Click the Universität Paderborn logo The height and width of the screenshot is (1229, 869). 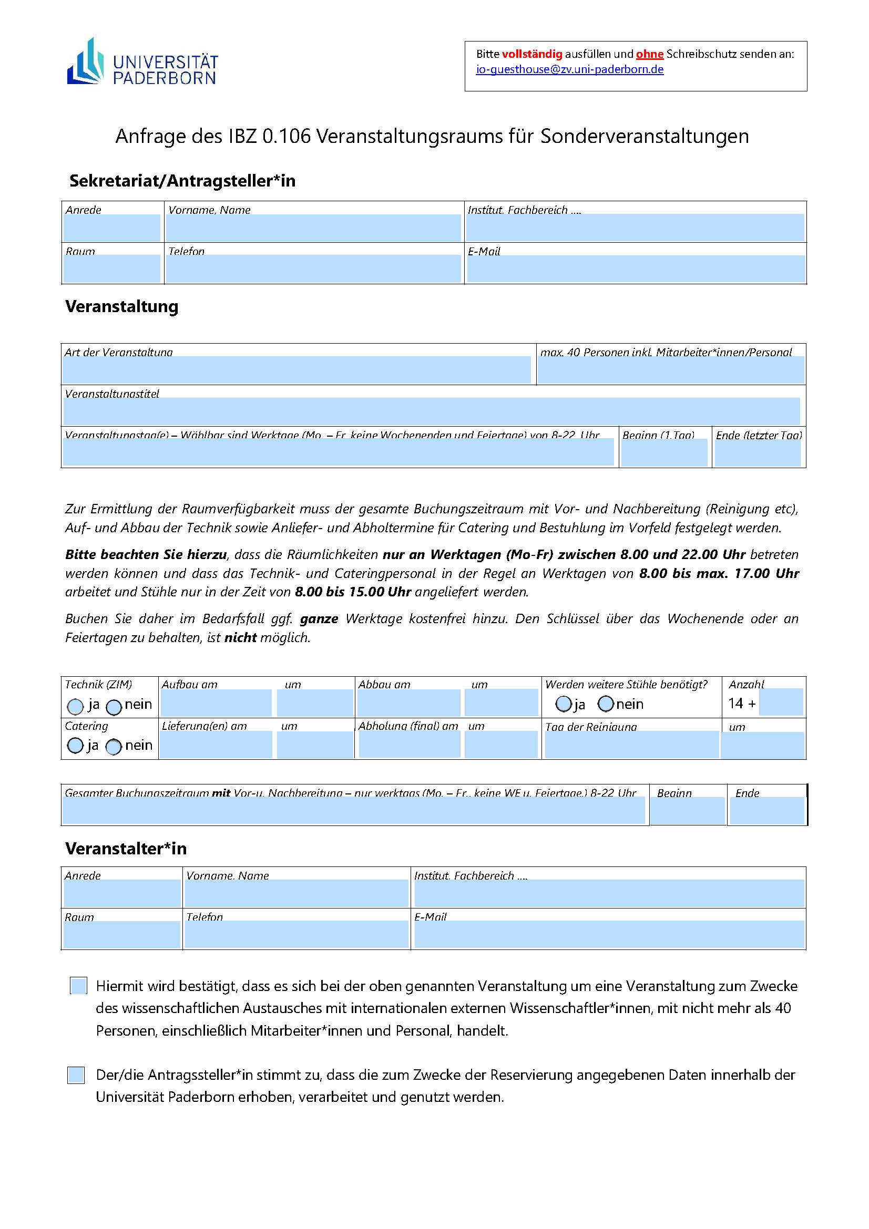click(142, 63)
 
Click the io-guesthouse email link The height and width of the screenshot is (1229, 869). click(570, 69)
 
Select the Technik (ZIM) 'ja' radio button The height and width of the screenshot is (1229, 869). click(76, 707)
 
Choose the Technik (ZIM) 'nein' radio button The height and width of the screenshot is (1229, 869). click(114, 707)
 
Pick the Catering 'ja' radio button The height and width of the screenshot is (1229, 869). click(76, 746)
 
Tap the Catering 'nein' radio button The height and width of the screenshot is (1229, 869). click(114, 746)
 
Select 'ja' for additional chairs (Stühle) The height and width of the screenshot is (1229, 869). click(563, 704)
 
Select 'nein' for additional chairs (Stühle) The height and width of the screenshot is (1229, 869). click(606, 704)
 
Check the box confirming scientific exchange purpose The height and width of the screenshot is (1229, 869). click(79, 985)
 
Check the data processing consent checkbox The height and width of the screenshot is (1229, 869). click(76, 1075)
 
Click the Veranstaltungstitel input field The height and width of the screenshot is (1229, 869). click(432, 411)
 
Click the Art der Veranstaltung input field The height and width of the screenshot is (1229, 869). click(297, 370)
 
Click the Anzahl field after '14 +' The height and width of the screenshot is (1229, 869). click(781, 703)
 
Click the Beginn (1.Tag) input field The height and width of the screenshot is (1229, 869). click(664, 453)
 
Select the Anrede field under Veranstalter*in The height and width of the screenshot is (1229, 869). click(122, 893)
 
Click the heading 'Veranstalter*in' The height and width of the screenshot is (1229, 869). click(126, 849)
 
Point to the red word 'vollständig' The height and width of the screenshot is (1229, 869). click(532, 54)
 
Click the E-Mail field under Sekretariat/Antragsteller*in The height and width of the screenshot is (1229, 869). click(636, 268)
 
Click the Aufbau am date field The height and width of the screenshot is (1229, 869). click(216, 703)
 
